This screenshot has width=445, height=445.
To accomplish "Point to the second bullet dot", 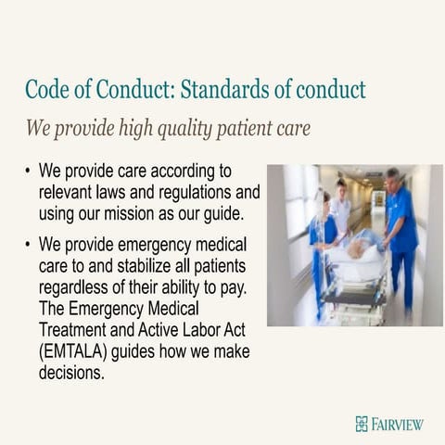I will pyautogui.click(x=29, y=245).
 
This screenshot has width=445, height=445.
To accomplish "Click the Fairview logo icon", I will pyautogui.click(x=361, y=424).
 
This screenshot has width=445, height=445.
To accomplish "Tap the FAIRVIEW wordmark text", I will pyautogui.click(x=397, y=424).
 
